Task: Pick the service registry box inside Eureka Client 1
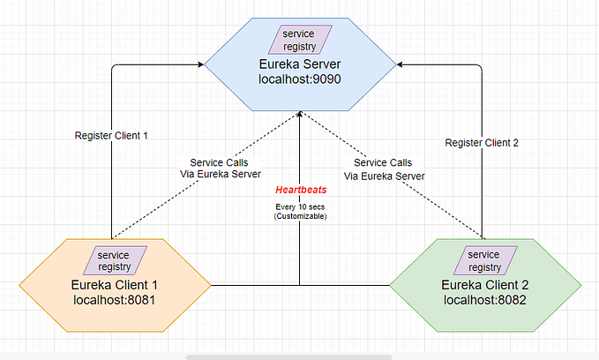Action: click(114, 260)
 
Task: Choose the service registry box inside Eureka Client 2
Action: click(483, 260)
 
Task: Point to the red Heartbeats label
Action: click(300, 190)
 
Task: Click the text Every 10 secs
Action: click(300, 207)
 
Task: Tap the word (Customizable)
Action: click(300, 217)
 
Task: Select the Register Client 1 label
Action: click(113, 135)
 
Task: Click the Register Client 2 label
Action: click(481, 142)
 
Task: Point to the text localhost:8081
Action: click(114, 300)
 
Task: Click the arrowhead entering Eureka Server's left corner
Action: click(201, 64)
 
